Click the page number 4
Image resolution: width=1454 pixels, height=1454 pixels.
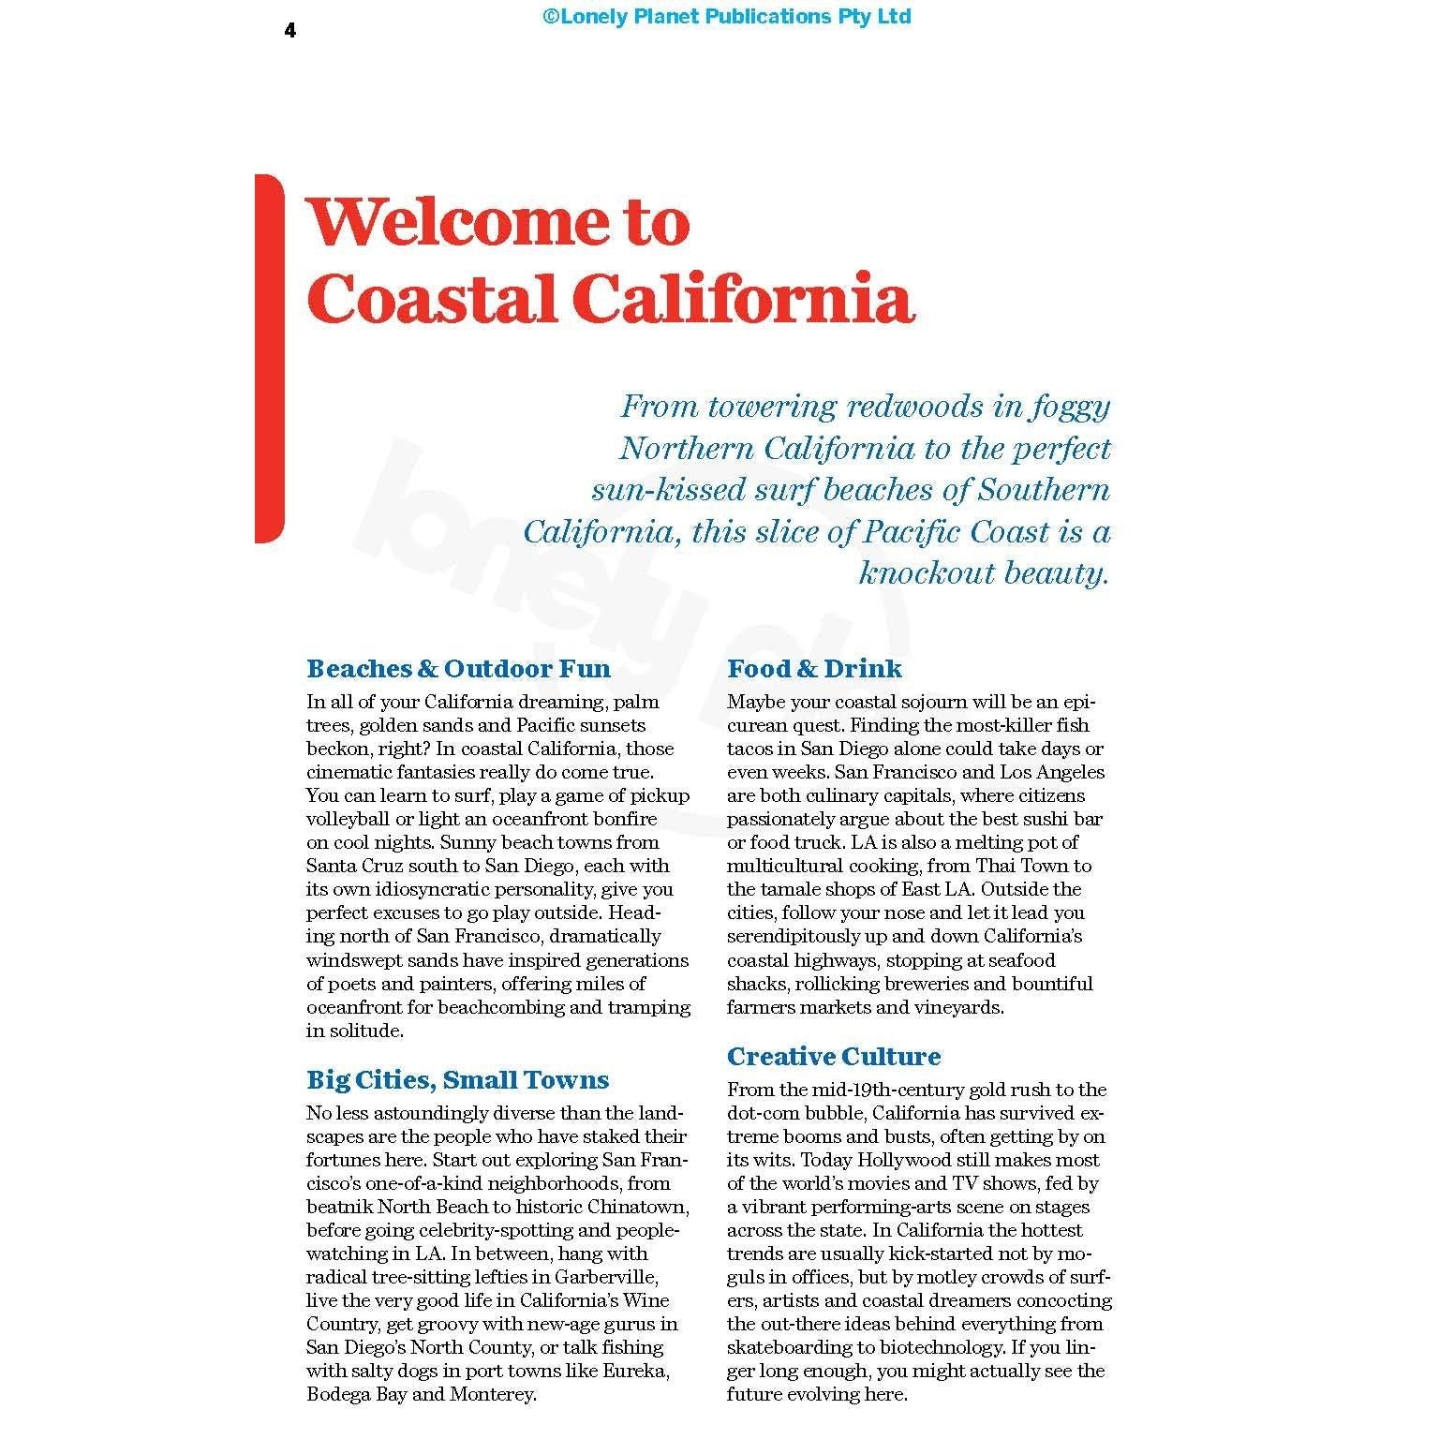[290, 31]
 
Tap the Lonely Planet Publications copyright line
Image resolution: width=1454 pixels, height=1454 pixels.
[726, 16]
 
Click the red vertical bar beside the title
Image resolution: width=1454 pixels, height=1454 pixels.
[268, 358]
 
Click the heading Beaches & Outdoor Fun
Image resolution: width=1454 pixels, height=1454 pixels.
[458, 669]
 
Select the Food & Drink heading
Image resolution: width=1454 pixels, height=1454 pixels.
[814, 669]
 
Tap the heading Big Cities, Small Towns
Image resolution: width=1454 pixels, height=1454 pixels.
[457, 1080]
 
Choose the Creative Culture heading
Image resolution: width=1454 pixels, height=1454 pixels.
[833, 1057]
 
